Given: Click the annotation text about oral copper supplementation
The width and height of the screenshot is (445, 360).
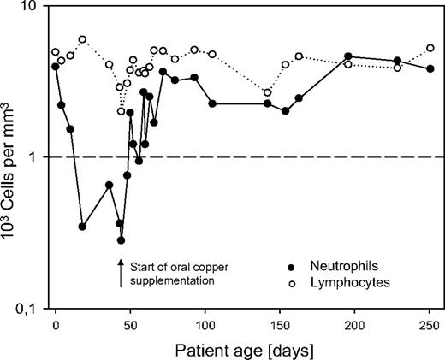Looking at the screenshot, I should (x=172, y=274).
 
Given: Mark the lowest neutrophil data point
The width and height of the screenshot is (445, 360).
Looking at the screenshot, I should (x=122, y=239).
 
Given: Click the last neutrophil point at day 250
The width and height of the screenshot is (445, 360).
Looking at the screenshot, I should (x=430, y=68).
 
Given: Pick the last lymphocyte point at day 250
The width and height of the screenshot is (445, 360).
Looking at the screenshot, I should (x=430, y=49).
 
